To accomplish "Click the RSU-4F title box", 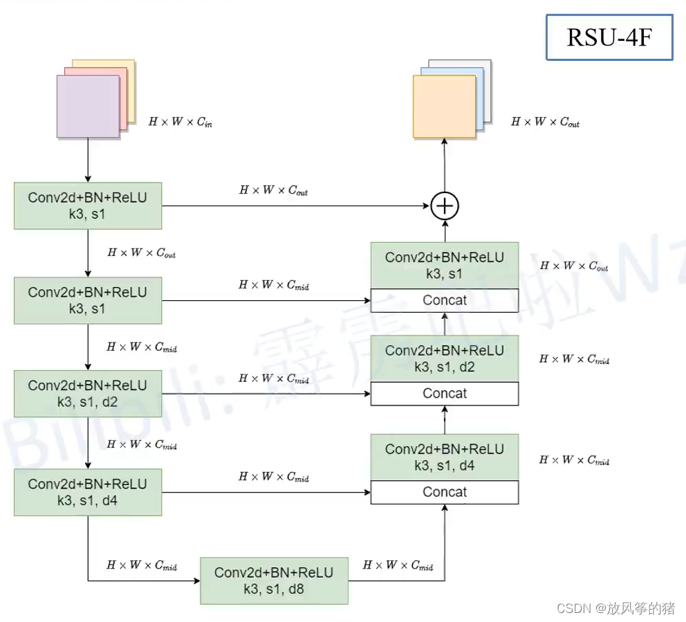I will (609, 37).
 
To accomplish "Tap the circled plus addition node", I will (445, 206).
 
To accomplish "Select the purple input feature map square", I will (88, 106).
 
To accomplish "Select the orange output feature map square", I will (444, 106).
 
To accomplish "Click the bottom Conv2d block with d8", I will (274, 580).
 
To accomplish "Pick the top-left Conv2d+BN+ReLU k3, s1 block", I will (88, 205).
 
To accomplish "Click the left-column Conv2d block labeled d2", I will (88, 394).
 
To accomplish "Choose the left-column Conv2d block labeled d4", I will (88, 492).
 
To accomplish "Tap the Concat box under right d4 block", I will (445, 492).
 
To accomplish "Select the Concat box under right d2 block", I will (445, 394).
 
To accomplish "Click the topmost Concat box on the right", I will (445, 300).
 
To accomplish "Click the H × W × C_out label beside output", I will (546, 122).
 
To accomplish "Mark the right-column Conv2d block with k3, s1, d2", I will (445, 358).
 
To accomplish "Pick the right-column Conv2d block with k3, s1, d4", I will (445, 457).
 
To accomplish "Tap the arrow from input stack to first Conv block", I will (88, 160).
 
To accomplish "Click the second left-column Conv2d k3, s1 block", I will (88, 300).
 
